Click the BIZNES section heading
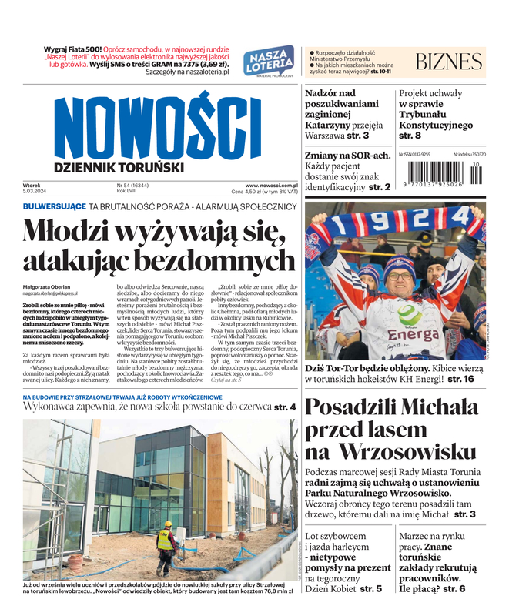[x=448, y=62]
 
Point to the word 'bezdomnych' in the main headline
[x=216, y=260]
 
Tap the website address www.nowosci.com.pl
[x=271, y=185]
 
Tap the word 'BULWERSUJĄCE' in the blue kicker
[x=54, y=206]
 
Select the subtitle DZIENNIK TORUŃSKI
[x=119, y=166]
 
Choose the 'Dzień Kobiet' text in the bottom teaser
[x=330, y=588]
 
